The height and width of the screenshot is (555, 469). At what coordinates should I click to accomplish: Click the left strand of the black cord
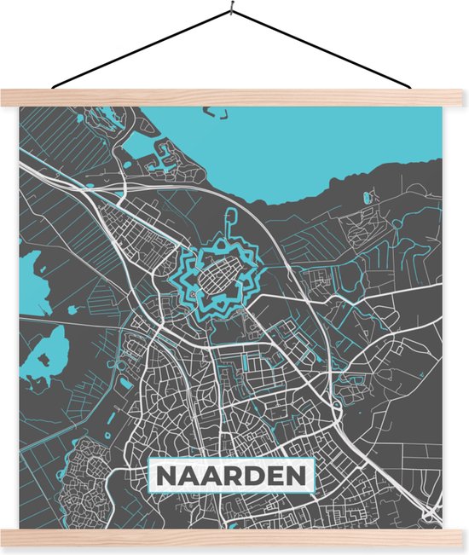coord(141,50)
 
